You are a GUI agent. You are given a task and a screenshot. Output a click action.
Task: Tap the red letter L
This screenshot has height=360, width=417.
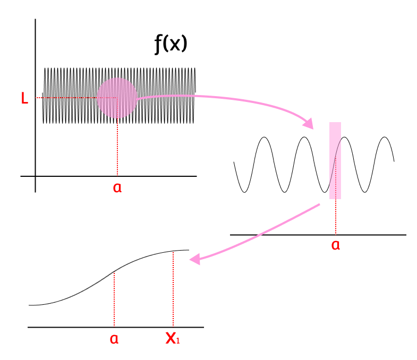(x=24, y=99)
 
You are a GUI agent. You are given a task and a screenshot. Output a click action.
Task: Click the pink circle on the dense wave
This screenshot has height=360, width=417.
(x=117, y=98)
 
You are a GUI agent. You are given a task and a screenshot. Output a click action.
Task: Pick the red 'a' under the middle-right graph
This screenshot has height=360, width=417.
(x=335, y=245)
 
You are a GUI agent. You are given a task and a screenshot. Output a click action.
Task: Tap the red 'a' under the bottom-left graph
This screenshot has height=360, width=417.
(x=114, y=339)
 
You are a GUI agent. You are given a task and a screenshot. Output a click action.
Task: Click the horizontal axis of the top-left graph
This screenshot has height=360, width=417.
(x=159, y=176)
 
